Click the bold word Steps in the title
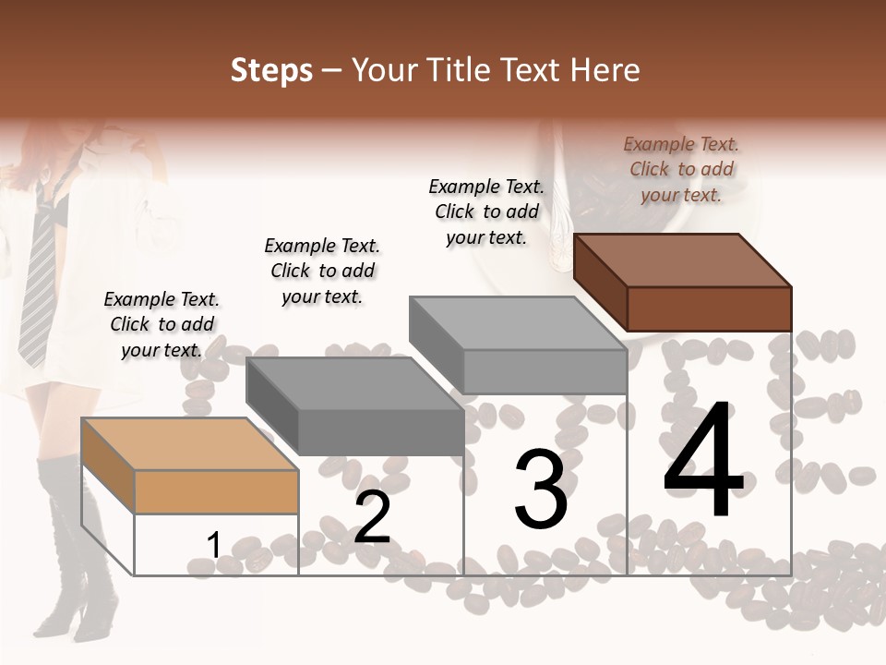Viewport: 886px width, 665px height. pos(271,70)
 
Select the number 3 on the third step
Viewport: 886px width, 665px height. pos(540,490)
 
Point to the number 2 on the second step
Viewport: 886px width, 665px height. pos(372,517)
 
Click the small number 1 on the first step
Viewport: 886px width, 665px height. pos(213,545)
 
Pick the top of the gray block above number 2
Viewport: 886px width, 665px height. pos(355,383)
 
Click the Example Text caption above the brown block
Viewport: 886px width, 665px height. pos(681,169)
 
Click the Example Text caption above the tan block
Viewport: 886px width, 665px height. pos(162,324)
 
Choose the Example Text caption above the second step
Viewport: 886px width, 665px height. pos(322,271)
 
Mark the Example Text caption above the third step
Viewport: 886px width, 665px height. pos(486,212)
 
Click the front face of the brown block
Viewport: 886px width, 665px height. pos(709,308)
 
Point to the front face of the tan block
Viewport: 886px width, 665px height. pos(216,491)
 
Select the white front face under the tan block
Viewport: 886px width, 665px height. pos(216,545)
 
